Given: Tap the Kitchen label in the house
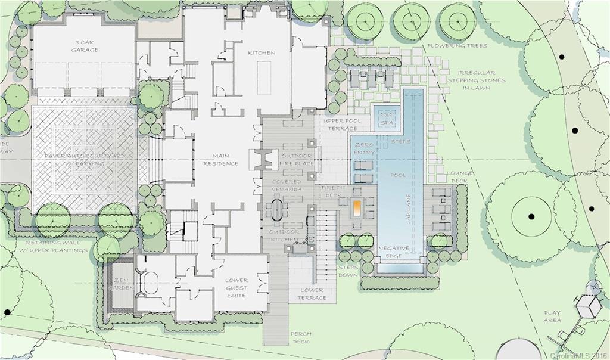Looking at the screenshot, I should click(x=262, y=53).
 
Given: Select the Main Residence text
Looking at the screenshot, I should click(x=220, y=159).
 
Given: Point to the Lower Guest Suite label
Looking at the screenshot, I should click(x=236, y=287).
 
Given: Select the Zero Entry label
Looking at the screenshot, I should click(x=363, y=149).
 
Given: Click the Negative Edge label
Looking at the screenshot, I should click(x=393, y=252).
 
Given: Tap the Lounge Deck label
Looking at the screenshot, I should click(x=459, y=178).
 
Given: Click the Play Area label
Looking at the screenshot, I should click(x=552, y=316).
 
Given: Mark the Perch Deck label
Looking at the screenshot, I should click(x=301, y=337).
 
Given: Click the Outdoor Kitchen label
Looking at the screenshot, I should click(x=284, y=235).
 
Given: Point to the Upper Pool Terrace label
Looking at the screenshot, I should click(x=340, y=124).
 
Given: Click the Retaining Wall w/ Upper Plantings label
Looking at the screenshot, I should click(x=57, y=247).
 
